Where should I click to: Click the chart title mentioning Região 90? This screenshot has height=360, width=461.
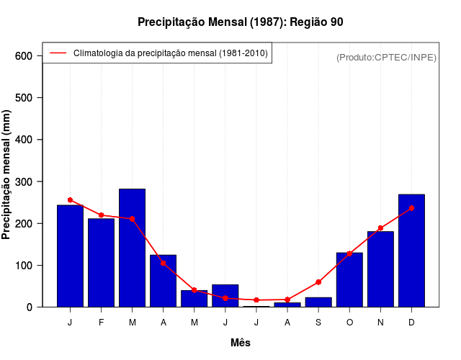(240, 22)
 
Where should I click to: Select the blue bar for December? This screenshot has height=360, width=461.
(411, 251)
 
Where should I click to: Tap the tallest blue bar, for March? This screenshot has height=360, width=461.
(132, 248)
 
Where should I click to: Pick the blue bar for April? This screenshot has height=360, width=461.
(163, 281)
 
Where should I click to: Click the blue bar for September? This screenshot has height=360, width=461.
(318, 302)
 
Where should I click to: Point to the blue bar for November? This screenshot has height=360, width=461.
(380, 269)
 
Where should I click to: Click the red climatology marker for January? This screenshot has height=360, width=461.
(70, 199)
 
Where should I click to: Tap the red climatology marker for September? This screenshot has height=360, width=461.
(318, 282)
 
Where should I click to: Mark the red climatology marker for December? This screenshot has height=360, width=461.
(411, 208)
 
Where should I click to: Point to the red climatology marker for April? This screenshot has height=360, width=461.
(163, 263)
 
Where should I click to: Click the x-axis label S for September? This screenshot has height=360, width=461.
(318, 323)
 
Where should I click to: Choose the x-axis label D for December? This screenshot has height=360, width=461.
(411, 323)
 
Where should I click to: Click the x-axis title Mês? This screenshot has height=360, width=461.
(241, 343)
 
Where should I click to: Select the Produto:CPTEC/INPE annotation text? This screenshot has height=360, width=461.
(386, 58)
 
